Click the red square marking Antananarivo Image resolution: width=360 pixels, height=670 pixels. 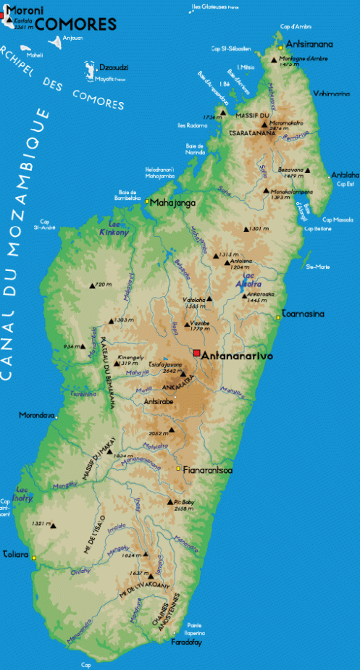pos(196,353)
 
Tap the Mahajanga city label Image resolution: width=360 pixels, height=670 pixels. pos(173,204)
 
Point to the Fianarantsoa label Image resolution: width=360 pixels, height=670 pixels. pos(208,470)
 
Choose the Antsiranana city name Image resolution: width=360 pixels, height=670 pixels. pos(310,43)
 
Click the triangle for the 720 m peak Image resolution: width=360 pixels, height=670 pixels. pos(92,285)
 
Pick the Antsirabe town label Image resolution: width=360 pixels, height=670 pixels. pos(159,401)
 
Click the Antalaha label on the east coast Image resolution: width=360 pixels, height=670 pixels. pos(345,175)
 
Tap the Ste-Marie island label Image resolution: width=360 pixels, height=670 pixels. pos(318,267)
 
